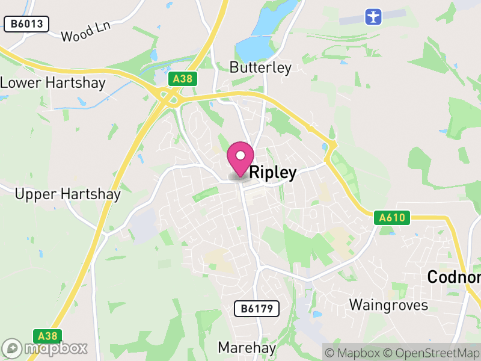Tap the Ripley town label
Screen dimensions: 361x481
click(x=272, y=173)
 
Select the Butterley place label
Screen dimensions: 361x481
click(x=260, y=67)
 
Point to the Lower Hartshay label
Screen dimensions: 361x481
click(x=53, y=83)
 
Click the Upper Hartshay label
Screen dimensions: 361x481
click(x=67, y=194)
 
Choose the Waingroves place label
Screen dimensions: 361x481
click(x=389, y=305)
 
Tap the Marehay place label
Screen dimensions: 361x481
click(x=247, y=348)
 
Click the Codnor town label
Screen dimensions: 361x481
click(x=454, y=277)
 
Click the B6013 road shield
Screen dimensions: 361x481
click(x=26, y=24)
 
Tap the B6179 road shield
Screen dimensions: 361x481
click(x=257, y=309)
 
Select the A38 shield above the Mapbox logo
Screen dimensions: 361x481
click(x=47, y=336)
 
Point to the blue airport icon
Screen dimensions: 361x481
click(x=374, y=16)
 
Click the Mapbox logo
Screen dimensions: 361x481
click(x=45, y=348)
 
